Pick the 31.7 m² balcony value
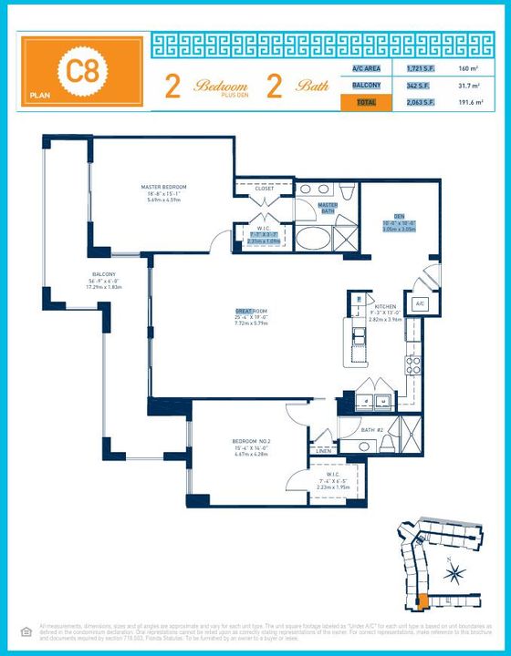point(466,86)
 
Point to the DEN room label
point(399,216)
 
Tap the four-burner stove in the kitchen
point(412,364)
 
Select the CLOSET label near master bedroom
point(264,189)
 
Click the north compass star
point(456,572)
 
